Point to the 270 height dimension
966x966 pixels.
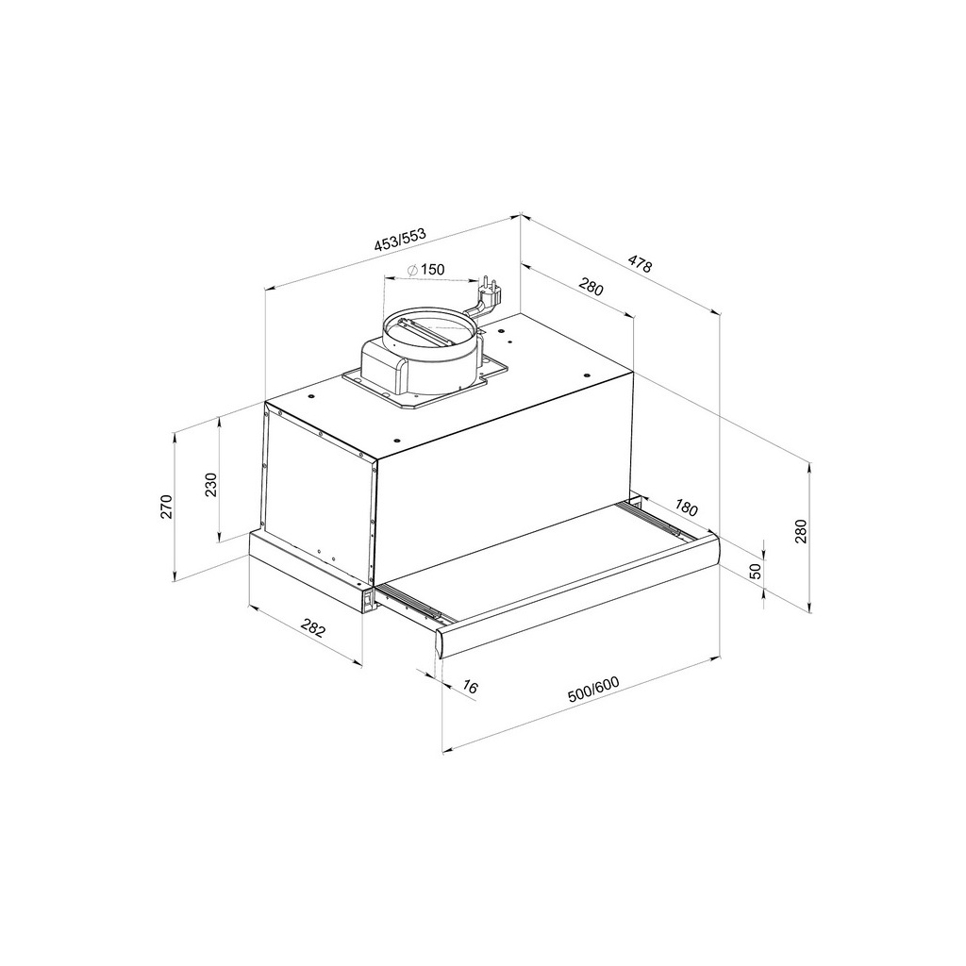pyautogui.click(x=165, y=507)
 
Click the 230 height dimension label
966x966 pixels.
pyautogui.click(x=211, y=485)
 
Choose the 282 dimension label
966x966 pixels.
pyautogui.click(x=311, y=628)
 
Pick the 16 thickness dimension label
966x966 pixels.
pyautogui.click(x=471, y=688)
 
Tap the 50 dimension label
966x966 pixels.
pyautogui.click(x=755, y=571)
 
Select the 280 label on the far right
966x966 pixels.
pyautogui.click(x=801, y=532)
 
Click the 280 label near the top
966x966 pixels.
pyautogui.click(x=591, y=287)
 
